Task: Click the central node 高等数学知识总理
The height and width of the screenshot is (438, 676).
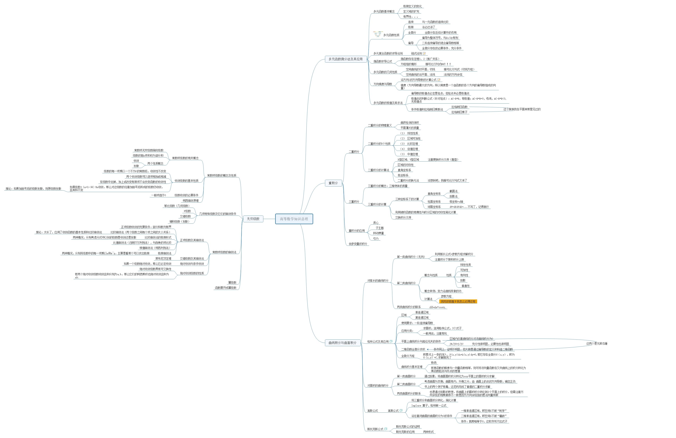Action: pos(294,219)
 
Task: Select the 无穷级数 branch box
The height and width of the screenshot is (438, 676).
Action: pos(253,219)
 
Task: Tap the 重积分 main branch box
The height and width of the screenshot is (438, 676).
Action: pos(333,183)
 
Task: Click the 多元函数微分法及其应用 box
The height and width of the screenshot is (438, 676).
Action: pos(345,59)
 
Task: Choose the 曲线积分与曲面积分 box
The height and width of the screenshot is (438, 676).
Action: pos(342,343)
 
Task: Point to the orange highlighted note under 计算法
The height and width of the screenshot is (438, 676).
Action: pos(458,301)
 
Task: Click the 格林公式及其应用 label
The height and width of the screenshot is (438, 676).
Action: pos(378,342)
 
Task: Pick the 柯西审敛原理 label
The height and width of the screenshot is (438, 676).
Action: pos(191,201)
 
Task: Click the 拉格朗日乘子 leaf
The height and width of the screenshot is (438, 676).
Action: pos(459,112)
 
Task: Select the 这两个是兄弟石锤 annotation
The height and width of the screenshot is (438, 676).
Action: pos(596,344)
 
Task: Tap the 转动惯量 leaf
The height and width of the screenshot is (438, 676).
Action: pos(378,233)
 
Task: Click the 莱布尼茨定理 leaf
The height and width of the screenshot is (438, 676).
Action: pos(163,259)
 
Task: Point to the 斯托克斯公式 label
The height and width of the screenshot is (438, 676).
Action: pos(375,429)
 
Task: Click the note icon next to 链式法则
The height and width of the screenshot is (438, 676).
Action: pos(424,53)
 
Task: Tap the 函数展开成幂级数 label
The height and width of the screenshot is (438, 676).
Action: pos(226,288)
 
